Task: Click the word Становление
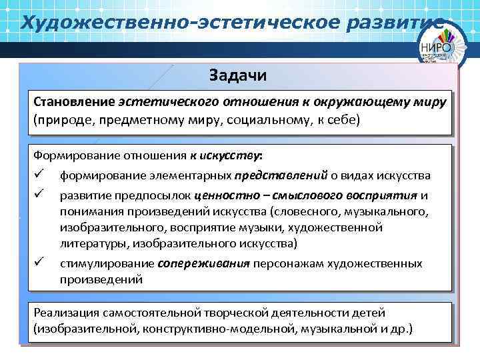click(75, 103)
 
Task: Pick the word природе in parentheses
click(60, 121)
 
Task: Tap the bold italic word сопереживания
click(203, 263)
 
